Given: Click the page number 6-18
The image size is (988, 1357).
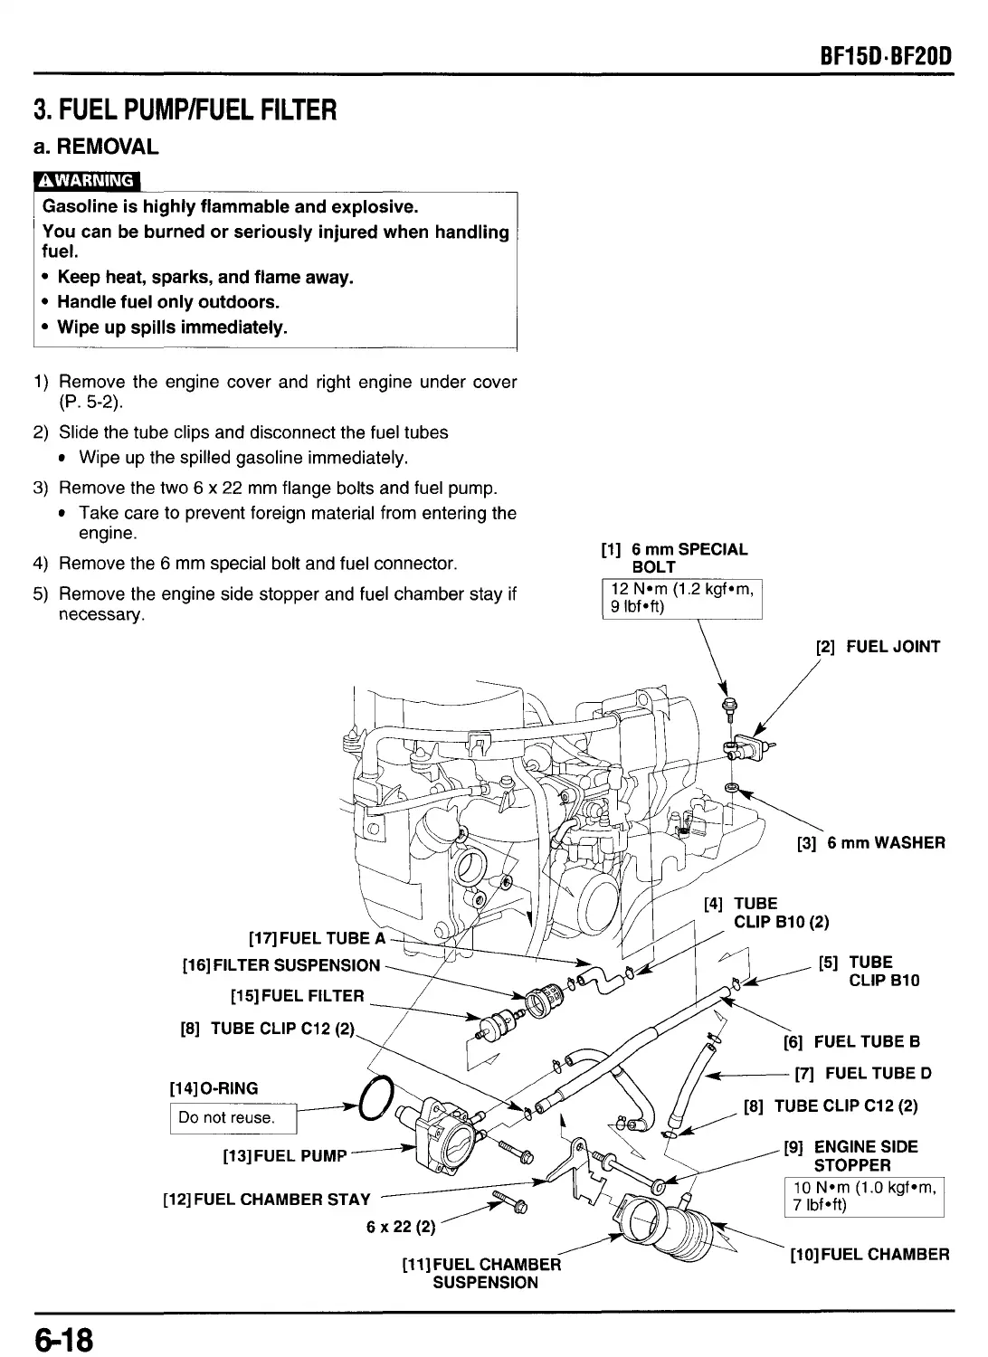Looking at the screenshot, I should (x=65, y=1337).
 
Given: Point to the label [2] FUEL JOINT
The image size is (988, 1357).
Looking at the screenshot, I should (x=878, y=647).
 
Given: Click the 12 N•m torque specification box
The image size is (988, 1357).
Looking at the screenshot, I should (x=682, y=598).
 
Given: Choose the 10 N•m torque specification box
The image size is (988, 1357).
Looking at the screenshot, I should (x=865, y=1196).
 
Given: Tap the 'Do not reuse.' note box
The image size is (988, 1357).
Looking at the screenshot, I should (x=233, y=1117).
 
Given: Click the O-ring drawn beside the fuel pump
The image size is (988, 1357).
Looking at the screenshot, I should (x=375, y=1099).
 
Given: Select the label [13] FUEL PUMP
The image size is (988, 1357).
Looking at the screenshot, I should (x=285, y=1155).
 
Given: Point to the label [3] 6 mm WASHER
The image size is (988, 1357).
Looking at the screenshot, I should (x=870, y=843).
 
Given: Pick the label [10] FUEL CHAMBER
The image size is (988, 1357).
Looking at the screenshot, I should (x=869, y=1255).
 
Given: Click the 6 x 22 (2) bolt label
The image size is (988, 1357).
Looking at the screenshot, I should (x=400, y=1228).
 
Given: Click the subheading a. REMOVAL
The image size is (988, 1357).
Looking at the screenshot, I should (x=96, y=146).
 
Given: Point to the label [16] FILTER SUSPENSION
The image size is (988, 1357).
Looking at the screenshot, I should (x=280, y=965).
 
